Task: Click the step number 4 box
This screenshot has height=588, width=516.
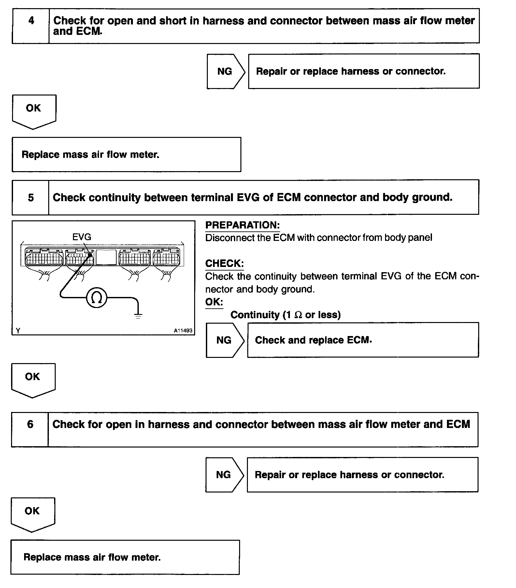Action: click(31, 26)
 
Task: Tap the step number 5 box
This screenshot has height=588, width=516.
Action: click(30, 198)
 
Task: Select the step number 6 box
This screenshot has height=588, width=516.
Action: click(30, 429)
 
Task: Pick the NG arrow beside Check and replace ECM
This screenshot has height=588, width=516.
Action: click(224, 340)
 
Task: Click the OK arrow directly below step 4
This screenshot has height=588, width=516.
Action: click(34, 111)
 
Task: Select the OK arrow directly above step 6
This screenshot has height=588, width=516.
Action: click(33, 379)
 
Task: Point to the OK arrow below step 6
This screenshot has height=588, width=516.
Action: click(33, 514)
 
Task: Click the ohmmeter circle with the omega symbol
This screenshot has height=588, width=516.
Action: click(97, 298)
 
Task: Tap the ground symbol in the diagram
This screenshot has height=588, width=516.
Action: click(138, 316)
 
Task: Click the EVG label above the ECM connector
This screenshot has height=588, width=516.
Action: click(81, 237)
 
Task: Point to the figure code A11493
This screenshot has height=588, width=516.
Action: click(183, 331)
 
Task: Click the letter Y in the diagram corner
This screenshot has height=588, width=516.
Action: click(18, 331)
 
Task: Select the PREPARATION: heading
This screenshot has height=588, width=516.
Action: click(242, 225)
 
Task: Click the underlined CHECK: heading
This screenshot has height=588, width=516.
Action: click(224, 263)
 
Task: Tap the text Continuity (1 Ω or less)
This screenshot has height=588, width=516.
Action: click(285, 315)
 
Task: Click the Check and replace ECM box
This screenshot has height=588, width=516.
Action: click(363, 340)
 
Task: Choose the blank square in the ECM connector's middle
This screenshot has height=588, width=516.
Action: click(106, 257)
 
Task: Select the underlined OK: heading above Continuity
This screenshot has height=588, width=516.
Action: click(214, 302)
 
